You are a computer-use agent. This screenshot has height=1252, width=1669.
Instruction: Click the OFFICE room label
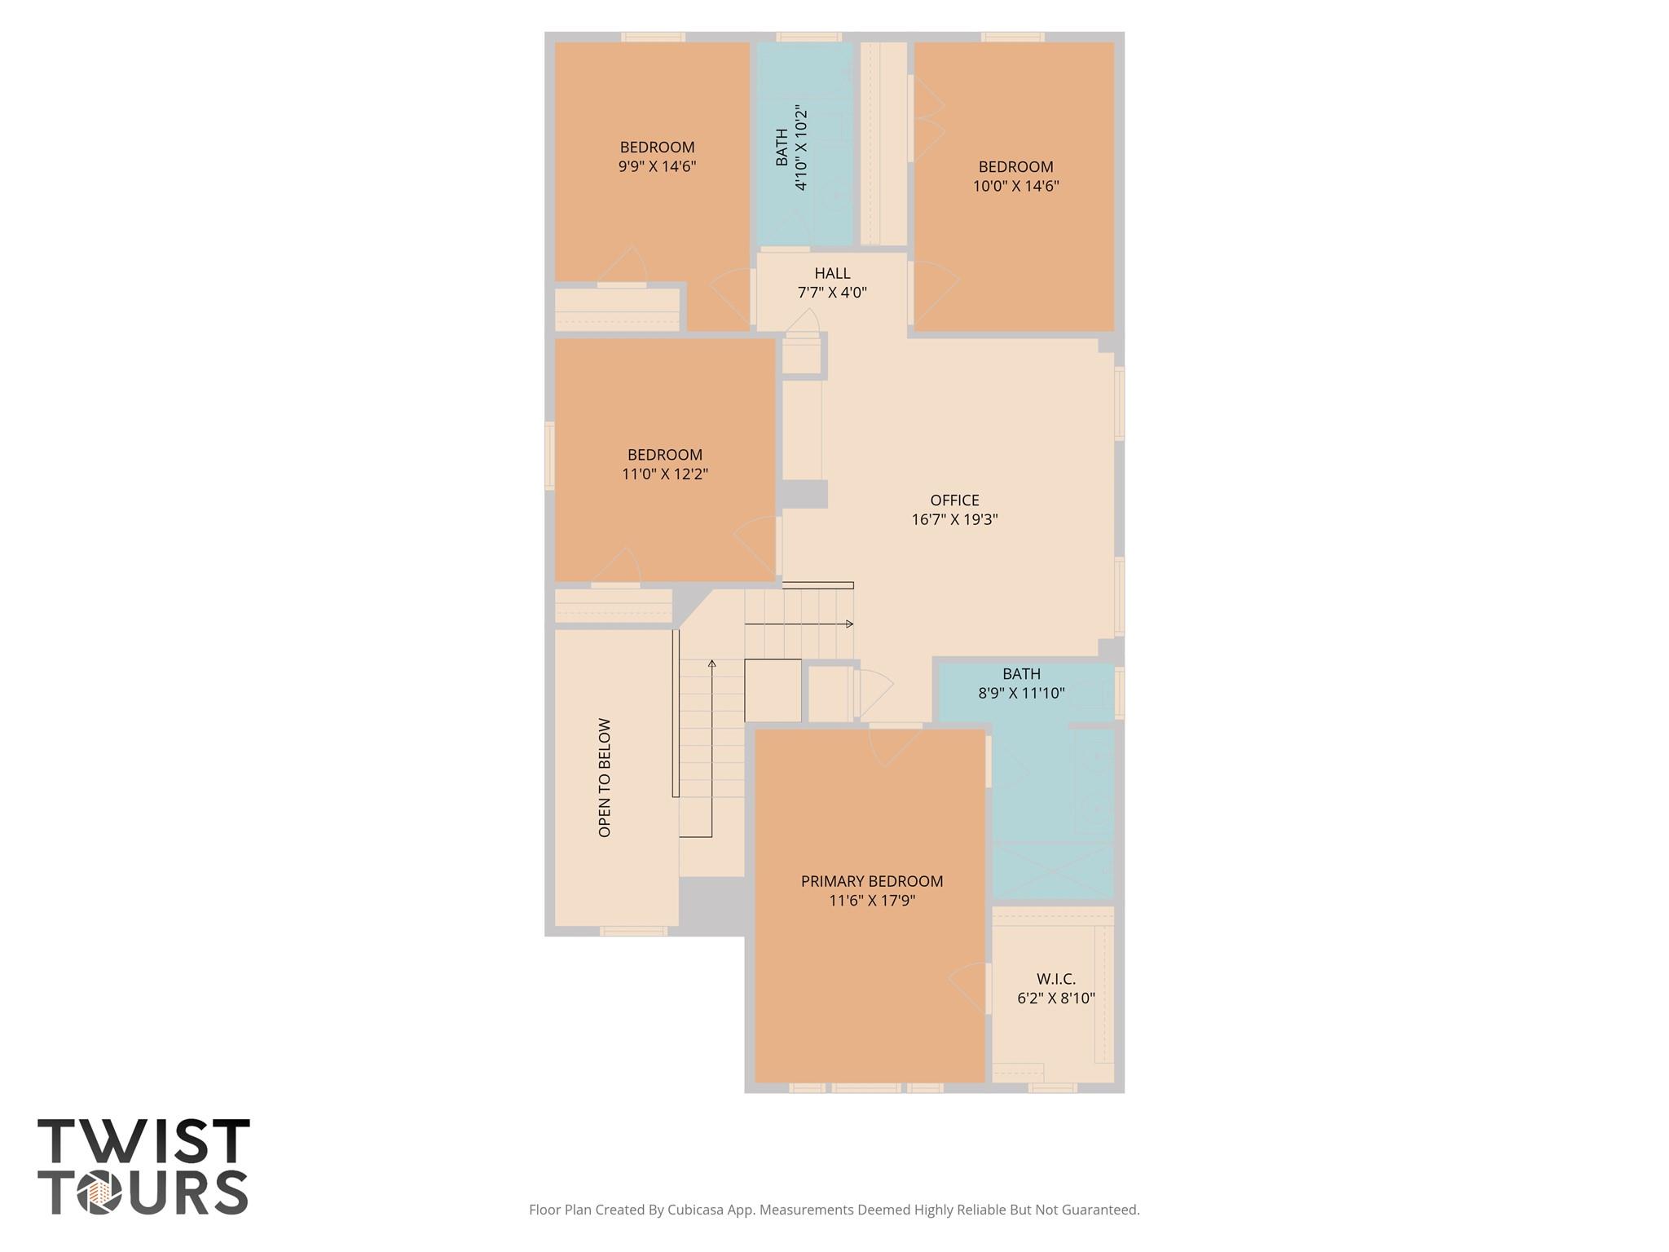[954, 500]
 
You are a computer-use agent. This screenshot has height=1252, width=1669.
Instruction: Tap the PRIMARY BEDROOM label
[871, 881]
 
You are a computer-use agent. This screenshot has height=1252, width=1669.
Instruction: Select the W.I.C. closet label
[1056, 979]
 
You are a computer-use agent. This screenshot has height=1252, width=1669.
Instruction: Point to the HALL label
[832, 274]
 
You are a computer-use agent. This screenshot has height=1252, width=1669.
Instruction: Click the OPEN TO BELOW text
[605, 778]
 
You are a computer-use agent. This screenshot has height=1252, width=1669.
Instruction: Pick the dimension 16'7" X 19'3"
[954, 519]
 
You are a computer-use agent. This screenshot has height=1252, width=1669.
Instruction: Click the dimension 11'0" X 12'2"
[665, 474]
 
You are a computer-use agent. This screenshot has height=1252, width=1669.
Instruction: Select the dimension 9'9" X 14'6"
[657, 167]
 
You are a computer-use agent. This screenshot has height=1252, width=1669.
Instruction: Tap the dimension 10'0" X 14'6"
[1015, 186]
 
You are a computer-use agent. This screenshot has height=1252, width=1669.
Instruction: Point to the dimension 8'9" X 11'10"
[1021, 694]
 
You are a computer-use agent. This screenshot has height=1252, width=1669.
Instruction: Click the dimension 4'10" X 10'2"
[801, 148]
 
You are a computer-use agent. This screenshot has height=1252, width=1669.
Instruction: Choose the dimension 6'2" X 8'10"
[1056, 998]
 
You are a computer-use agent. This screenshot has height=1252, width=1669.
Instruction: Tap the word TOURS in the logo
[143, 1193]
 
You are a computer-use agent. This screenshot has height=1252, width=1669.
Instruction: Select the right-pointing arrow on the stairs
[848, 624]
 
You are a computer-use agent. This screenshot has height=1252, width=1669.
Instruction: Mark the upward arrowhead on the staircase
[712, 663]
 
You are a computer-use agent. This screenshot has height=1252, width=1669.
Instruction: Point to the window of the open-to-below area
[633, 931]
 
